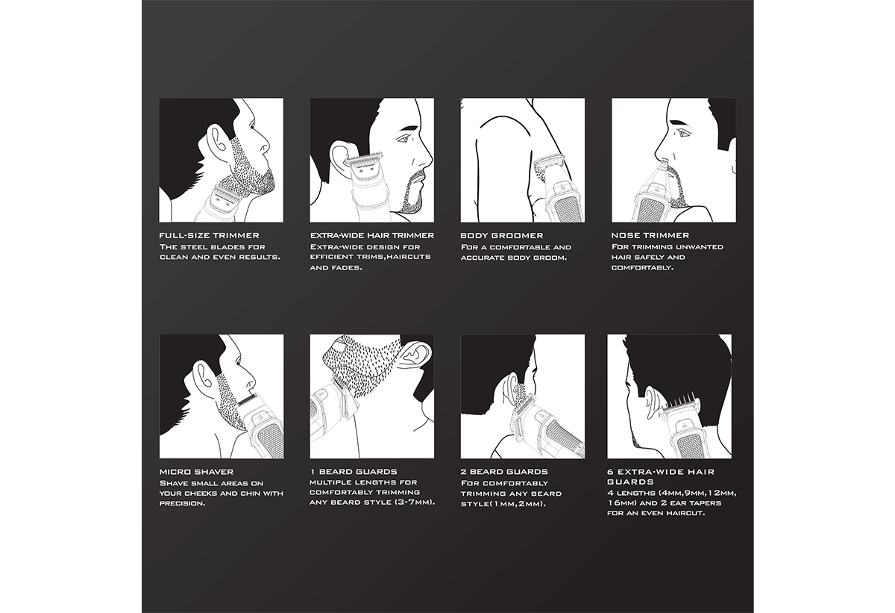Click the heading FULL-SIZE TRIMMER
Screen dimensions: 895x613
coord(209,235)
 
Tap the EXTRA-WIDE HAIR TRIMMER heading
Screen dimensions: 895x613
coord(372,235)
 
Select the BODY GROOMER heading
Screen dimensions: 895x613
coord(501,235)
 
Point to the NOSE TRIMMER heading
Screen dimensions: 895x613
coord(650,235)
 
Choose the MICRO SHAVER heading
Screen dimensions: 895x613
coord(197,472)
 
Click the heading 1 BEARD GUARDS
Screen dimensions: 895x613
coord(354,472)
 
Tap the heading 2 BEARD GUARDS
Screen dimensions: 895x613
coord(504,472)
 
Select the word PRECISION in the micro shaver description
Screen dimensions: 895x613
coord(182,503)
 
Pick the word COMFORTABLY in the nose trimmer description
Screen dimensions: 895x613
coord(642,267)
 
